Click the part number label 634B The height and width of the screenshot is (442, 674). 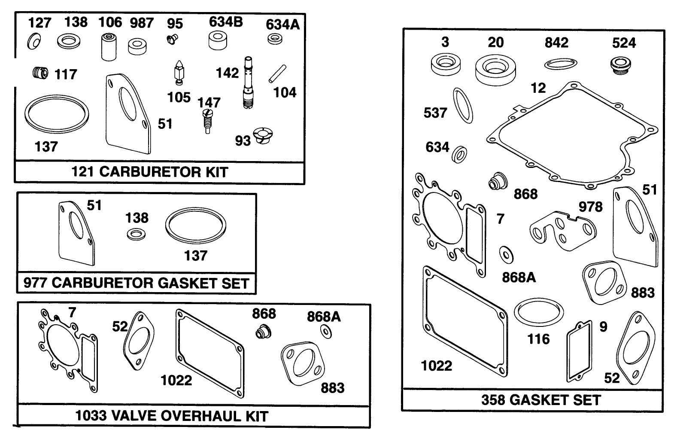(x=226, y=21)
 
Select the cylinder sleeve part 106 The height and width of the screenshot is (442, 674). (x=109, y=47)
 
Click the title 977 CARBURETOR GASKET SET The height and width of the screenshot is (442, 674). (x=137, y=283)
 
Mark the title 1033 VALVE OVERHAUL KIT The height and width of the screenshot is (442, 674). (x=172, y=416)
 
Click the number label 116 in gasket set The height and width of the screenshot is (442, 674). (x=538, y=339)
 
